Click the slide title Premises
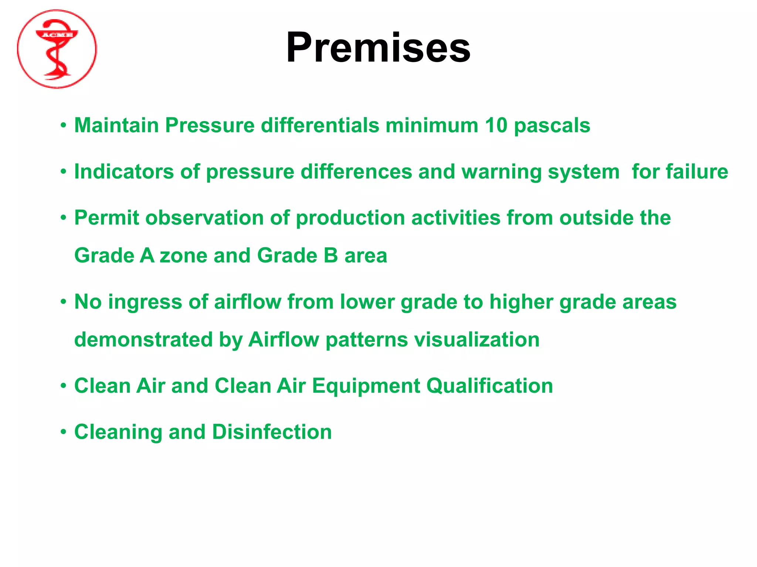click(x=378, y=48)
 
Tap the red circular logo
click(x=57, y=49)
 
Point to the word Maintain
click(x=116, y=126)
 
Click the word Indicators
click(x=124, y=172)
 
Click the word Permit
click(x=106, y=218)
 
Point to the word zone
click(x=183, y=255)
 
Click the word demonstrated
click(x=143, y=340)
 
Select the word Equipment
click(x=366, y=386)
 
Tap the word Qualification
click(x=489, y=386)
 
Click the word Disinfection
click(x=272, y=432)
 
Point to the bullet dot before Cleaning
click(x=64, y=432)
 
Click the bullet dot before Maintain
click(x=64, y=126)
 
